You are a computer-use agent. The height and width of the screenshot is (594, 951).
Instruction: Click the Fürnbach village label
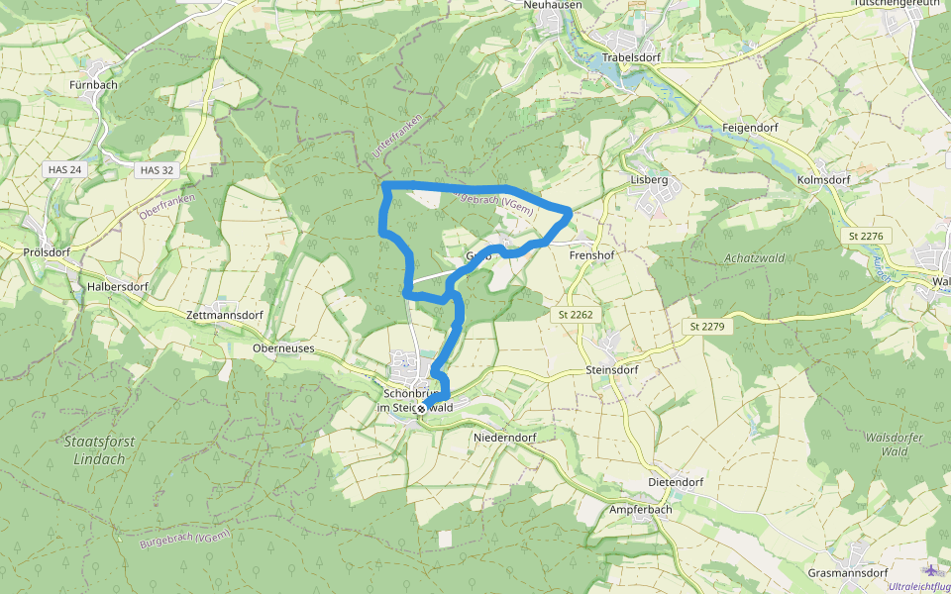[x=94, y=84]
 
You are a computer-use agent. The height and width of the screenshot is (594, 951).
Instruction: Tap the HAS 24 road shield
[x=63, y=170]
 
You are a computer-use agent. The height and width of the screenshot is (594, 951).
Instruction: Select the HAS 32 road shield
[x=157, y=170]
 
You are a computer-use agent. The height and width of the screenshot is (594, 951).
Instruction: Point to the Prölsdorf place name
[x=46, y=252]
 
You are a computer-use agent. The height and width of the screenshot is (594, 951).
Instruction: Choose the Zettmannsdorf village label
[x=225, y=315]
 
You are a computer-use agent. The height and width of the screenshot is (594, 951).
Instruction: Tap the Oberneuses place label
[x=283, y=349]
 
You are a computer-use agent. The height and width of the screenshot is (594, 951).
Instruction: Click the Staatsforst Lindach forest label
[x=99, y=450]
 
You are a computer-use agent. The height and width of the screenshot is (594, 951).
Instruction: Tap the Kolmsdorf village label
[x=824, y=180]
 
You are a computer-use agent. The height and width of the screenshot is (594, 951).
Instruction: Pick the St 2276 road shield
[x=865, y=236]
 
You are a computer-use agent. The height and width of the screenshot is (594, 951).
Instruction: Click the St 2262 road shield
[x=574, y=314]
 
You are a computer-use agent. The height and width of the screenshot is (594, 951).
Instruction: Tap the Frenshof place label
[x=593, y=254]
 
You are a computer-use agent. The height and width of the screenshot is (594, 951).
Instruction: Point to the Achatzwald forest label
[x=755, y=258]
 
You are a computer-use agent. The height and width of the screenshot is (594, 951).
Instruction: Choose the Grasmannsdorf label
[x=847, y=573]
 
